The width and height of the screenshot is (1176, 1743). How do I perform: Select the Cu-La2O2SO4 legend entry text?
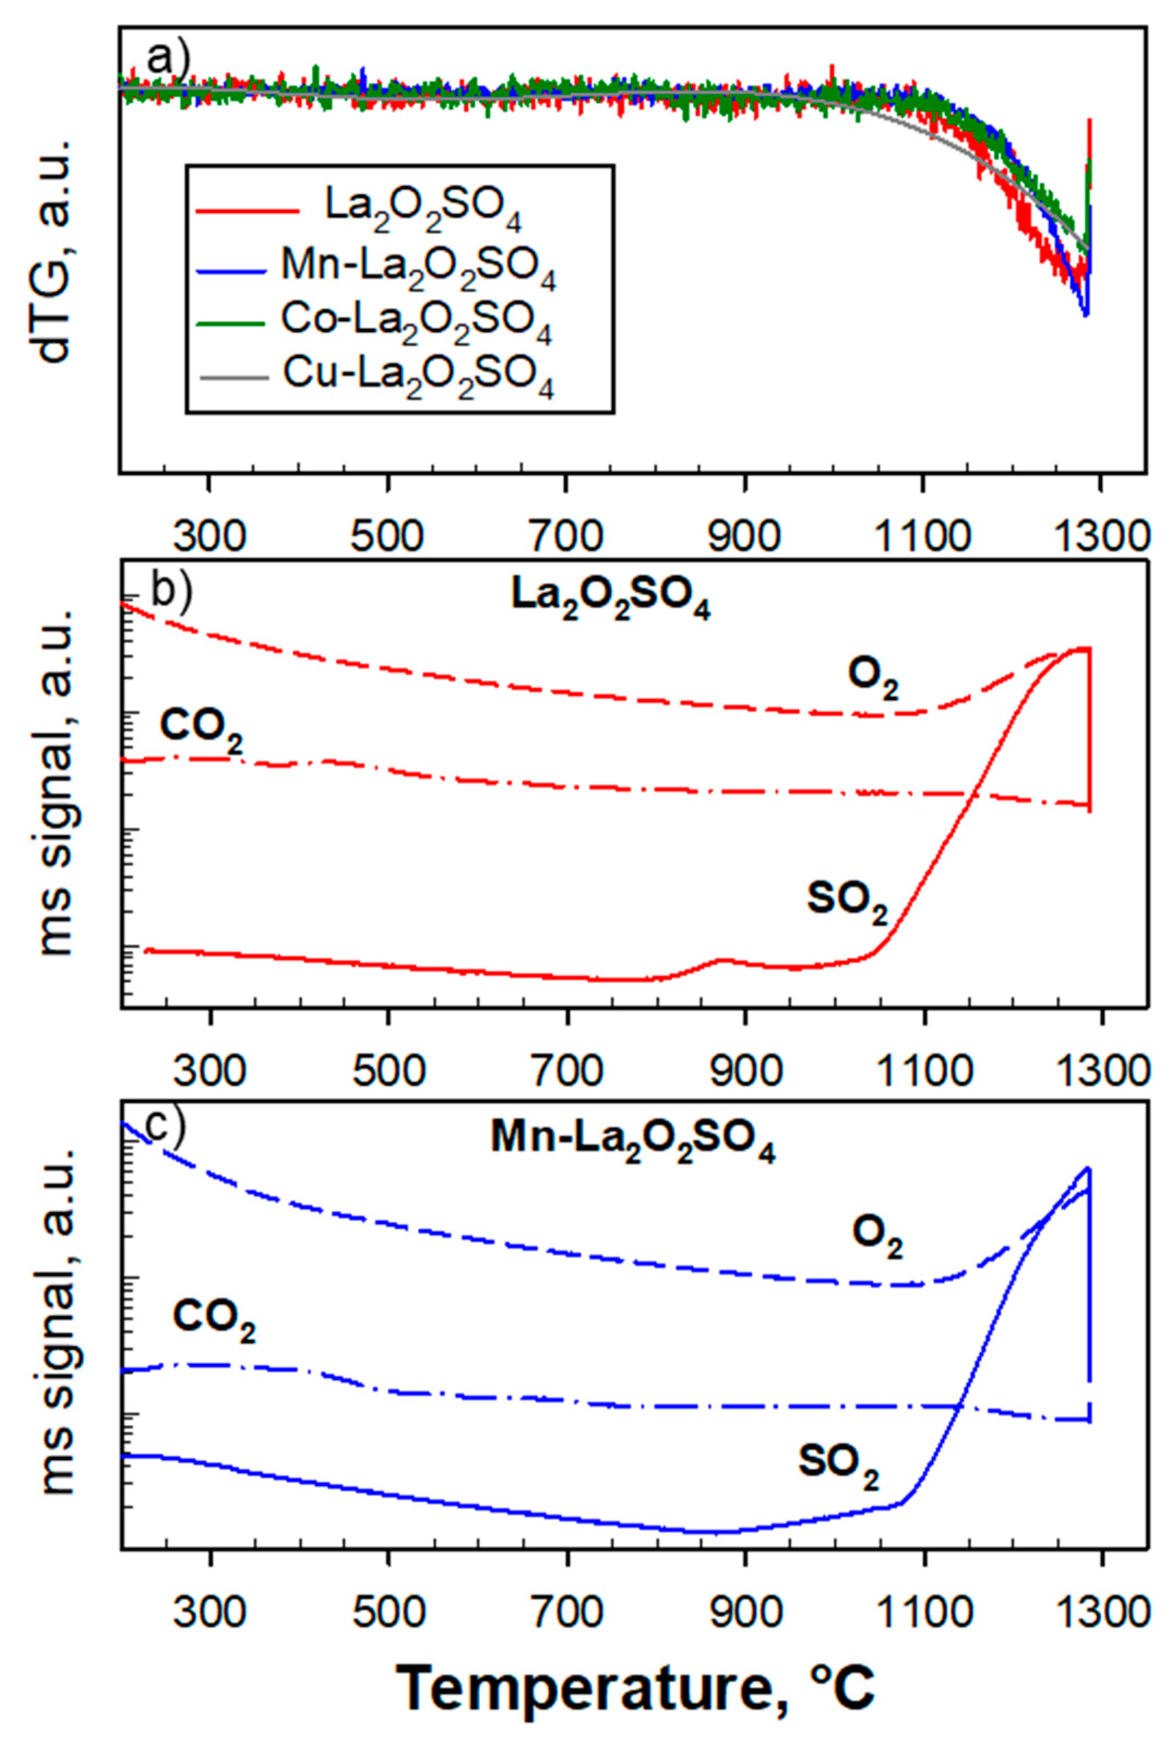[419, 377]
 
